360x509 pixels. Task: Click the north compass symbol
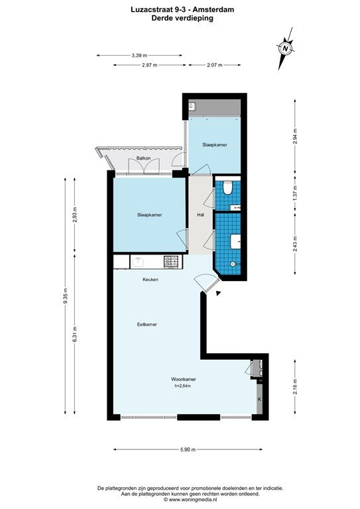pos(285,48)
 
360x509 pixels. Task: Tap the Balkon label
pos(143,158)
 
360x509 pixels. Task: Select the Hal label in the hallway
pos(201,215)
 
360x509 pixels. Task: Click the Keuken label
pos(150,279)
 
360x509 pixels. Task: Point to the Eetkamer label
pos(147,324)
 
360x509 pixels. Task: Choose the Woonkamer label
pos(184,379)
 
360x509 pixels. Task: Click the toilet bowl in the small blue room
pos(228,188)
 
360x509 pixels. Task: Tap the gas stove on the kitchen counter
pos(171,261)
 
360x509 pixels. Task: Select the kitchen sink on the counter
pos(139,261)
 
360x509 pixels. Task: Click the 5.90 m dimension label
pos(188,449)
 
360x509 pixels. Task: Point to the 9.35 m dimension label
pos(65,296)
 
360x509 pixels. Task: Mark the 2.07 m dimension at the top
pos(215,65)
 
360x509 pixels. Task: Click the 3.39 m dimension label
pos(139,56)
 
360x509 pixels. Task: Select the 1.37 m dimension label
pos(295,193)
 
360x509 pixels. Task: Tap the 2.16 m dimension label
pos(295,387)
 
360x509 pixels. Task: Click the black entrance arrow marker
pos(219,294)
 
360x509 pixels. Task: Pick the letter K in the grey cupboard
pos(259,399)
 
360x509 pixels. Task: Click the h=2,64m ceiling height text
pos(183,386)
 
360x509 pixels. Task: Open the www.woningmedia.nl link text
pos(193,500)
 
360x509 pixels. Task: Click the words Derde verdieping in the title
pos(182,18)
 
